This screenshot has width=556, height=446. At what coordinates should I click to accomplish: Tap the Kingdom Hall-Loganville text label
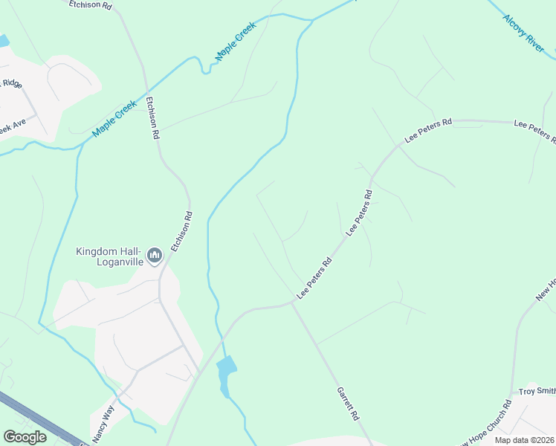pos(109,256)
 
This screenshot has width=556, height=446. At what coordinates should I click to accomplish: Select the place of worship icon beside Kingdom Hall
pos(155,256)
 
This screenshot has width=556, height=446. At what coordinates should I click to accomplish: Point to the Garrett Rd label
pos(348,402)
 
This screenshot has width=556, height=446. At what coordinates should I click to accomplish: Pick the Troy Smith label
pos(537,391)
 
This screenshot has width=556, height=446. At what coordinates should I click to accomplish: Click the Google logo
pos(25,437)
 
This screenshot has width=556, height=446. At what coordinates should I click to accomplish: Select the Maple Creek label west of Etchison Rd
pos(115,119)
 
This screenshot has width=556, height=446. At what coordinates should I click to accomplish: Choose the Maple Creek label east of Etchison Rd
pos(236,41)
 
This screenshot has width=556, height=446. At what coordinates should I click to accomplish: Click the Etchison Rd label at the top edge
pos(90,5)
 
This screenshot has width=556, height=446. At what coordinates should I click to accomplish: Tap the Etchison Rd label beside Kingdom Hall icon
pos(182,231)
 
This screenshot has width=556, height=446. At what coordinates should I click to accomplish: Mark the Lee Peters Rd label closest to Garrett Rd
pos(314,279)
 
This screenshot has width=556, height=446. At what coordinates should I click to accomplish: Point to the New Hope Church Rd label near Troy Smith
pos(487,424)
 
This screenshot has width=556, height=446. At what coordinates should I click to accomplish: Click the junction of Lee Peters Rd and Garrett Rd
pos(292,303)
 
